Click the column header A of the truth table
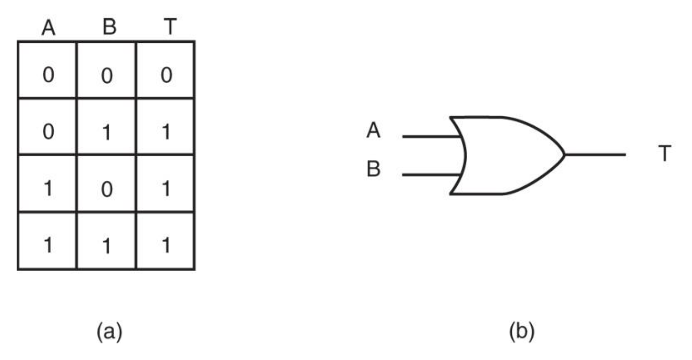pos(48,28)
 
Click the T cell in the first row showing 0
pos(166,76)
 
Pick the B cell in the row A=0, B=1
pos(107,133)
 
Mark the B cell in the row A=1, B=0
pos(107,189)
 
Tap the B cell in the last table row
pos(107,246)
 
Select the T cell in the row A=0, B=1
pos(166,133)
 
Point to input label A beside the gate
pos(374,131)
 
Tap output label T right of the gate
pos(665,154)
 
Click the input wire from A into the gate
pos(431,136)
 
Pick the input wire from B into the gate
pos(431,175)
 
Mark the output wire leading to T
pos(594,154)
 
